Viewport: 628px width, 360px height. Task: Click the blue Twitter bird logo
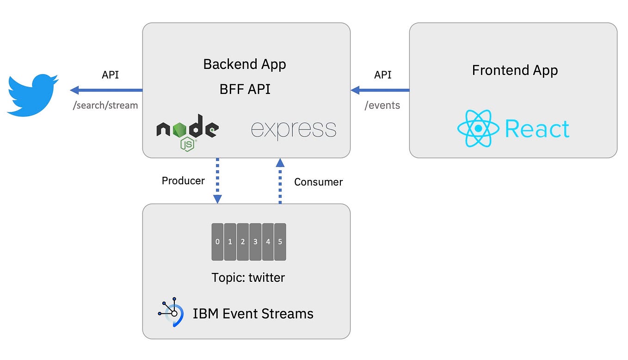tap(32, 94)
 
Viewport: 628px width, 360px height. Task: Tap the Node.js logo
tap(187, 131)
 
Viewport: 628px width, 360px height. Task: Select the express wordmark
tap(293, 129)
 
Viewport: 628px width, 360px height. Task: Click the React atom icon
tap(478, 128)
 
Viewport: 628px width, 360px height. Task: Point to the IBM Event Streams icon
tap(171, 313)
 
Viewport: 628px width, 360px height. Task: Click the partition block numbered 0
tap(217, 242)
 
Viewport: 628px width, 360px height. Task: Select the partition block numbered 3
tap(255, 242)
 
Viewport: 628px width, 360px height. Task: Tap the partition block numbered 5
tap(280, 242)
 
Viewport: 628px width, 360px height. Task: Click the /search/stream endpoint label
tap(105, 105)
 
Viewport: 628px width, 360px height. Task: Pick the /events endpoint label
tap(382, 105)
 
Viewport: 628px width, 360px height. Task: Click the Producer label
tap(183, 180)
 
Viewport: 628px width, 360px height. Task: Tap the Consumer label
tap(318, 182)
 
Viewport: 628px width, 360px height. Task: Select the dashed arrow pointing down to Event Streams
tap(217, 180)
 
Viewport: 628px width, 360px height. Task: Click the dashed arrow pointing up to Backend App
tap(280, 180)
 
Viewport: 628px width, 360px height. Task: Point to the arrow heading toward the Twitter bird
tap(106, 90)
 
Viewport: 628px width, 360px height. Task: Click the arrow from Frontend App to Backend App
tap(380, 90)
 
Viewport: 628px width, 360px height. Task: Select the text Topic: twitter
tap(248, 277)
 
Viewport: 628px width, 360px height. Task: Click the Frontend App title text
tap(515, 70)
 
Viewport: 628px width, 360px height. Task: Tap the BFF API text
tap(245, 88)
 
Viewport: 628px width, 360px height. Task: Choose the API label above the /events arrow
tap(382, 74)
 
